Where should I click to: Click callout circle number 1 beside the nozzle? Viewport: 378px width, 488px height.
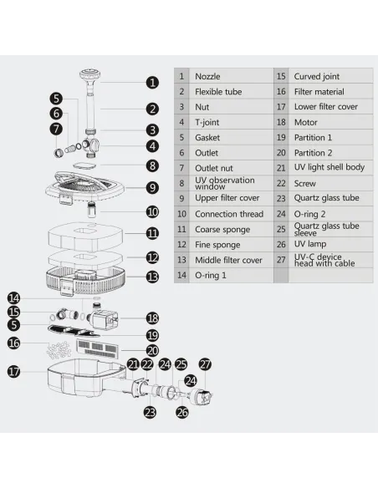152,83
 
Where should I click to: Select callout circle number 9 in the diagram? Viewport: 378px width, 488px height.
152,188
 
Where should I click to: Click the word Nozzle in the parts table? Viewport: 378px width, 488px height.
207,76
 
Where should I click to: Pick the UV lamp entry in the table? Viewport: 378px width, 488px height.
310,244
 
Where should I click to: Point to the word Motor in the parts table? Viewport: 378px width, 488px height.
306,122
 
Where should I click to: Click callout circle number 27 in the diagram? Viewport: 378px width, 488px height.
205,364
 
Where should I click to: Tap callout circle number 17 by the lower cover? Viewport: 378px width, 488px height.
13,372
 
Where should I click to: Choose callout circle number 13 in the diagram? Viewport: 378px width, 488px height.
152,277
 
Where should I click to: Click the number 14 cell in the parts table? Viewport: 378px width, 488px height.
181,275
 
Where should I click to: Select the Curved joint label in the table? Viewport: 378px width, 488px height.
317,76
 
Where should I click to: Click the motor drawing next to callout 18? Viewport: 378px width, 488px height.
102,318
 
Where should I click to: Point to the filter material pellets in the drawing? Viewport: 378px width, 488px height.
59,350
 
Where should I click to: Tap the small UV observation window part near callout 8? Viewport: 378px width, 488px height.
84,165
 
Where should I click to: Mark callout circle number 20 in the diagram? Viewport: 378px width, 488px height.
152,351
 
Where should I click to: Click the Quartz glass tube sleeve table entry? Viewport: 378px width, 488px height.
326,229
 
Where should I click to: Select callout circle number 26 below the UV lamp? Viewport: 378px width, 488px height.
182,412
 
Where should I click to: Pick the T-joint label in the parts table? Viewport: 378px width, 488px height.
207,122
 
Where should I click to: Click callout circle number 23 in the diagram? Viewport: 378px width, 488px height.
150,412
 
